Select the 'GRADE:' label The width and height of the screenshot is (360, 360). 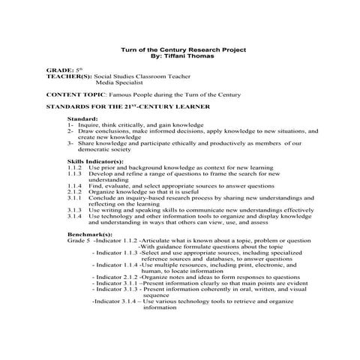(59, 70)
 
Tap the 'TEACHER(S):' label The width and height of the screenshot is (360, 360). (69, 76)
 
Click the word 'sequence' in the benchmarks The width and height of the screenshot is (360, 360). (157, 295)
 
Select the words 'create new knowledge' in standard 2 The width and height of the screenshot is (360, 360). (109, 137)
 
